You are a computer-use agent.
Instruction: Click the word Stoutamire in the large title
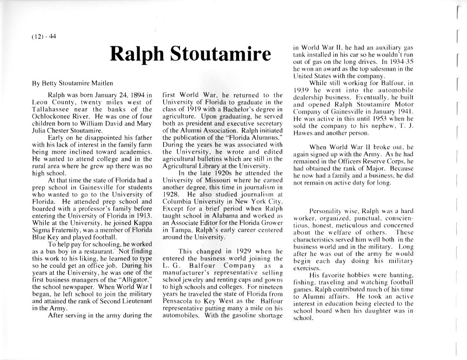coord(220,54)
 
